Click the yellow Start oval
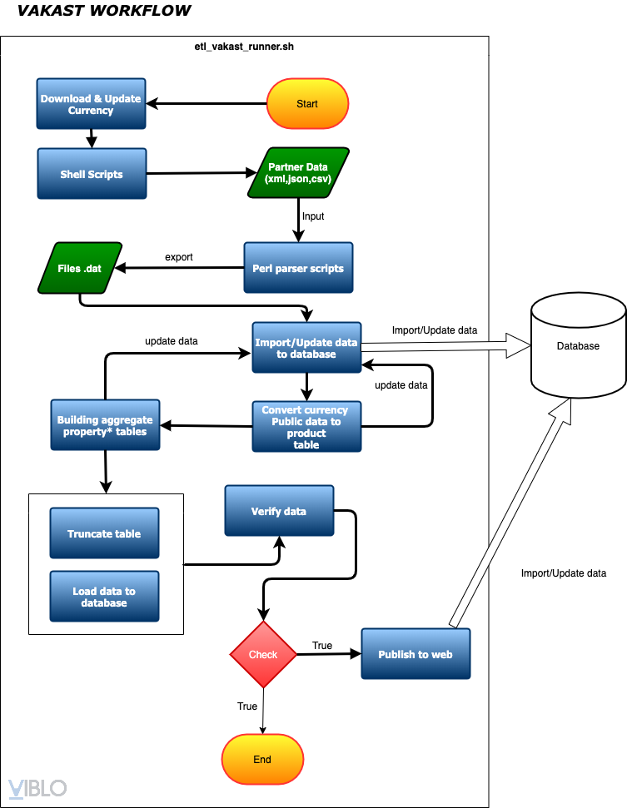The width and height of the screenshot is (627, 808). pos(306,104)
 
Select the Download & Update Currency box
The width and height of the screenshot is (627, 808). pos(91,104)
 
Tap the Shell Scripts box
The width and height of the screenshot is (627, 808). pos(92,174)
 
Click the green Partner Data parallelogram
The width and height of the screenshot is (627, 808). pos(298,173)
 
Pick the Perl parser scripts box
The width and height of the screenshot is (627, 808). pos(298,268)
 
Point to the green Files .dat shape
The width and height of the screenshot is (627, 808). pos(80,268)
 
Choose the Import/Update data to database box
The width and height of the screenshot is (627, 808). pos(306,349)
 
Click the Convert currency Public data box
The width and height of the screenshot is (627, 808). pos(306,427)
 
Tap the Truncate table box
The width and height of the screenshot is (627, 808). pos(104,533)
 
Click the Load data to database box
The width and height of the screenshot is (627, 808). pos(104,597)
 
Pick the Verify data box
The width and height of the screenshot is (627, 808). pos(279,511)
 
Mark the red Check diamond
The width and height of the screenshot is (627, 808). pos(263,654)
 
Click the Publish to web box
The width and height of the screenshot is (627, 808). pos(416,654)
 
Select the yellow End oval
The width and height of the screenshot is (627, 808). pos(262,760)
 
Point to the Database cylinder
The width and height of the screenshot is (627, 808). pos(578,346)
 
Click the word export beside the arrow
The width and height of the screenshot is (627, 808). pos(178,257)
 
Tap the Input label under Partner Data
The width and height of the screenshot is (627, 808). pos(313,216)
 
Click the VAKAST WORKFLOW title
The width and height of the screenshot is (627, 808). pos(104,11)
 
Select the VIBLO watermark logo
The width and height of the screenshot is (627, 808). pos(37,787)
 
